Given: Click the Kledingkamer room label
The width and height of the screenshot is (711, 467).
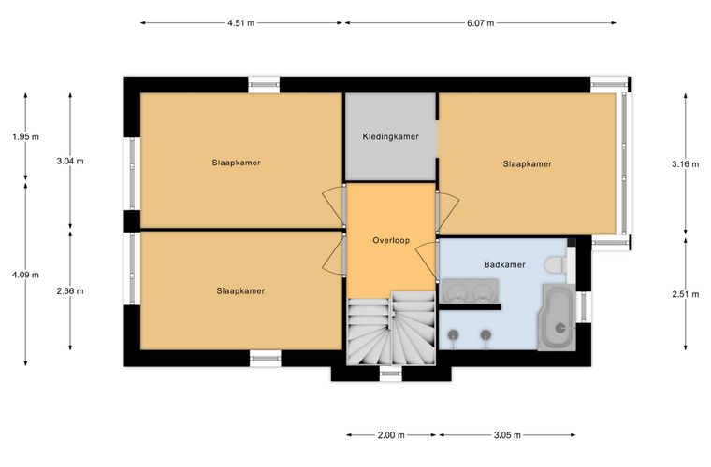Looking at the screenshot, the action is point(390,136).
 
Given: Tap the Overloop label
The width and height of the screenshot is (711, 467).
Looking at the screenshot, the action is point(391,240).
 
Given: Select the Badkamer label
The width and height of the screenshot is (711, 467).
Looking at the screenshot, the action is point(504,264).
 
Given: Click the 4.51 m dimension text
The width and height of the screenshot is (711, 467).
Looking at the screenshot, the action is point(240,23).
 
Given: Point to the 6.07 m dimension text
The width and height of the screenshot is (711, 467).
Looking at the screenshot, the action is point(480,23).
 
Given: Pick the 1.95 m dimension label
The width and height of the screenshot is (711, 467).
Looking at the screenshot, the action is point(26,136).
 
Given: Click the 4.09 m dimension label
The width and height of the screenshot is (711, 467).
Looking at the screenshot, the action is point(26,275).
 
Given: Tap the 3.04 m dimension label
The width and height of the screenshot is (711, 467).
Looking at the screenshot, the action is point(70,161).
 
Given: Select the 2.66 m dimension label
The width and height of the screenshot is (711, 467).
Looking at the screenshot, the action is point(70,291).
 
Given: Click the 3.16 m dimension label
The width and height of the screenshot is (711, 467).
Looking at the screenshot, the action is point(685,164).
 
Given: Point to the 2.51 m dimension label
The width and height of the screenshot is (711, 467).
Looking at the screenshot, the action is point(685,294).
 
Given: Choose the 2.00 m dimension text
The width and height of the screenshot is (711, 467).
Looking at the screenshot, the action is point(391,435).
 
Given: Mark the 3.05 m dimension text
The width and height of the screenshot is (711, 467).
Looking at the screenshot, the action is point(507,435).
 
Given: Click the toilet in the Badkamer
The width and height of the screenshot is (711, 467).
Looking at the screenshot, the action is point(557,264).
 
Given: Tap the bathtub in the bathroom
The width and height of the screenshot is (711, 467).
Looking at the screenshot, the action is point(557,318).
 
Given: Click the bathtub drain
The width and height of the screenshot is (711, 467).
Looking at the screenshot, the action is point(561,328).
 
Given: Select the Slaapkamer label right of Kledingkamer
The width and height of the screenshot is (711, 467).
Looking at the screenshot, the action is point(527,164).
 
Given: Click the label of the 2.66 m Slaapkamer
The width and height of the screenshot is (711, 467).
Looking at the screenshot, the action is point(240,291).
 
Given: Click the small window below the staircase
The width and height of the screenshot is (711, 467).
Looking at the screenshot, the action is point(390,374).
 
